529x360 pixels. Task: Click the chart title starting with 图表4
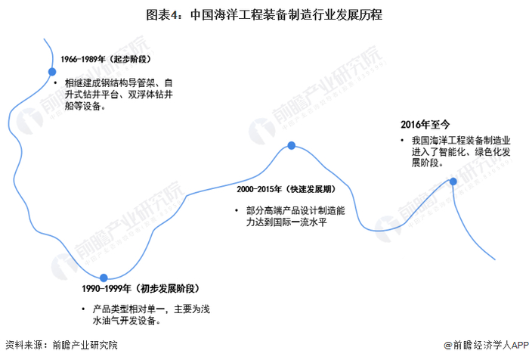tap(264, 14)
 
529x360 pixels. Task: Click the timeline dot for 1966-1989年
tap(52, 71)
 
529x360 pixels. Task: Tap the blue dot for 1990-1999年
tap(104, 278)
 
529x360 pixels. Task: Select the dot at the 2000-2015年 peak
tap(290, 147)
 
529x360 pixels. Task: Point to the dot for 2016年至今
tap(453, 182)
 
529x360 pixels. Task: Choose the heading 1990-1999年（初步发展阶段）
tap(141, 289)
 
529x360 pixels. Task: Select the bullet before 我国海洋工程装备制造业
tap(403, 140)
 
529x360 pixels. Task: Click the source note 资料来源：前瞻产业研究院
tap(61, 346)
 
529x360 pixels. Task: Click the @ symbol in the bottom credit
tap(446, 346)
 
